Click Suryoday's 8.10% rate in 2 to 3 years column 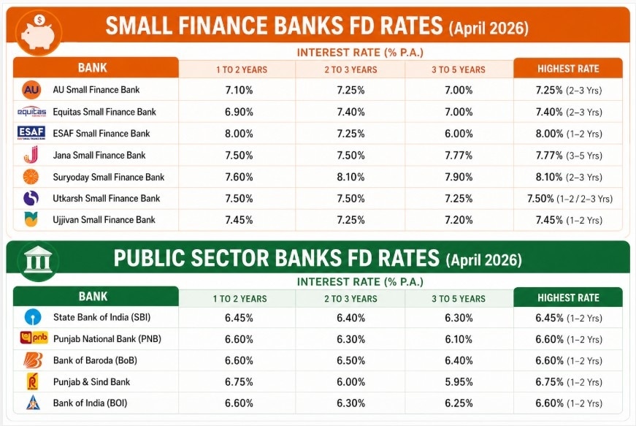click(350, 177)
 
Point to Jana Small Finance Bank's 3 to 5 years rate click(458, 155)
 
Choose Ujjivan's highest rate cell click(567, 220)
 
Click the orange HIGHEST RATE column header click(567, 69)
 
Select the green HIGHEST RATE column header click(567, 298)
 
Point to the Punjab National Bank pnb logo click(34, 338)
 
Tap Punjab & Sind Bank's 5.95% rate click(458, 381)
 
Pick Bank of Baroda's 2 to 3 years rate click(350, 360)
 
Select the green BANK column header click(93, 297)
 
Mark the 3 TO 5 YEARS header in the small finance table click(458, 69)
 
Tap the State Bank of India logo click(31, 318)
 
